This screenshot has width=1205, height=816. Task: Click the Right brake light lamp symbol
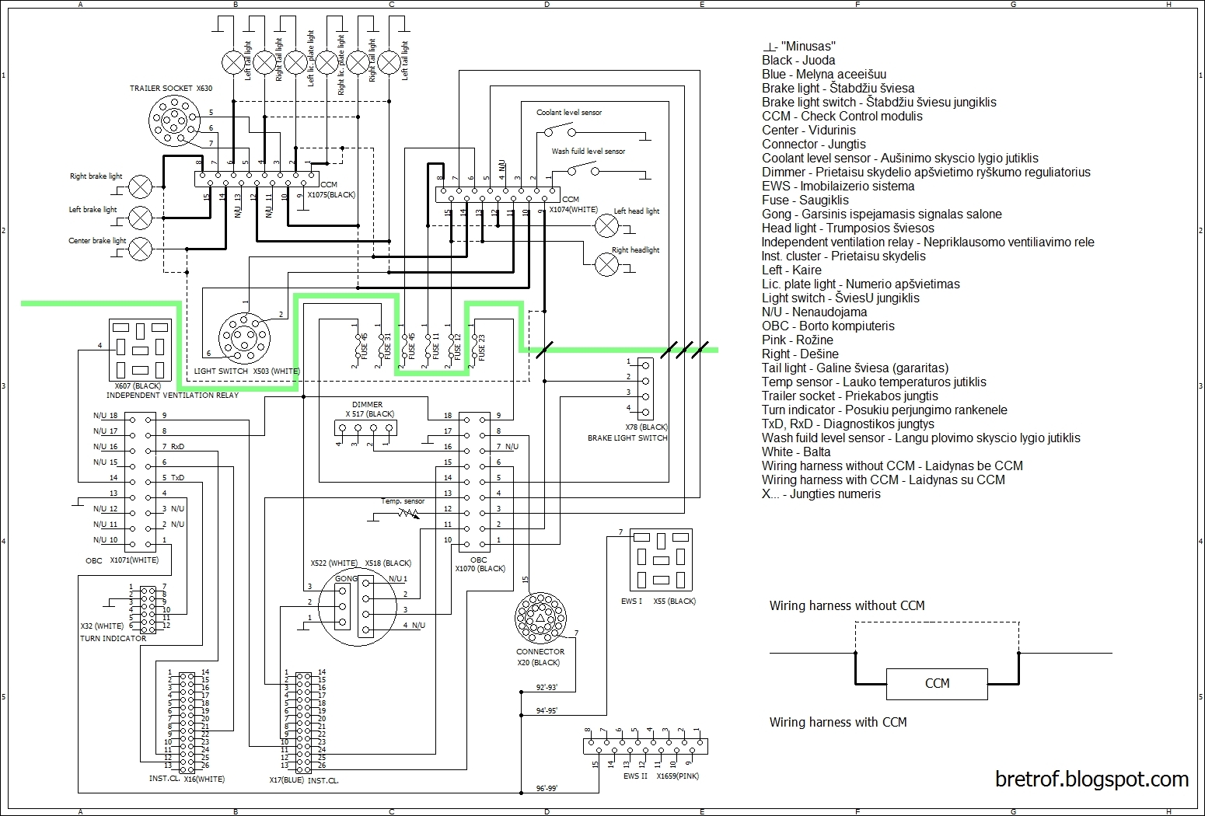coord(140,187)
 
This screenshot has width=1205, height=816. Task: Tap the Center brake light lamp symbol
coord(140,249)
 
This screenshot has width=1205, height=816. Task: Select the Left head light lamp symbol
coord(606,226)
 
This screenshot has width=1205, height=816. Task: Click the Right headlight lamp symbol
coord(606,264)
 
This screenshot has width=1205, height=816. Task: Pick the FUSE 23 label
coord(481,347)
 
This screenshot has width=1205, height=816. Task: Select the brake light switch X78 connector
coord(644,388)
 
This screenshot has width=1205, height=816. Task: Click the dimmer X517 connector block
coord(366,427)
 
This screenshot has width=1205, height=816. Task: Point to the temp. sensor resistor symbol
coord(406,513)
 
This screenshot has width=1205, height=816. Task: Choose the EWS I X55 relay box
coord(660,560)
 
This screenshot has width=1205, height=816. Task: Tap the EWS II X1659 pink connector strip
coord(645,746)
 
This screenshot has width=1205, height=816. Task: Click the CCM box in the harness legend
coord(937,684)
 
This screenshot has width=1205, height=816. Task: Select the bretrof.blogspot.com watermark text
coord(1091,779)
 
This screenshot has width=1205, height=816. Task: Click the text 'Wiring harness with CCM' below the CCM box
coord(838,723)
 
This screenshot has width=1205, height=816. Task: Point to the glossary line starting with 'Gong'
coord(882,214)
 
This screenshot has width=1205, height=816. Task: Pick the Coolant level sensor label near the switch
coord(569,113)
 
